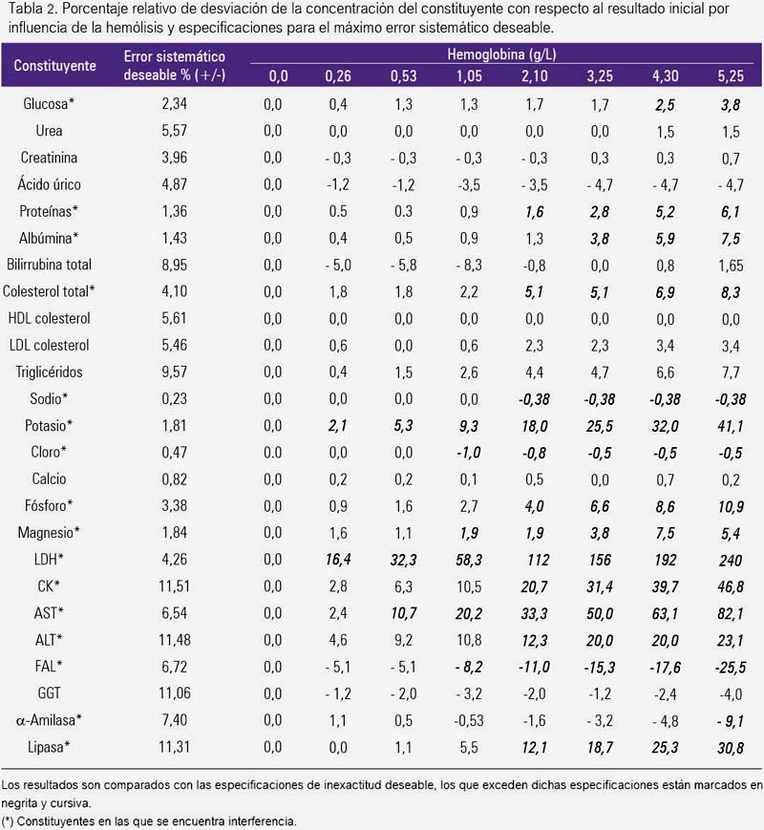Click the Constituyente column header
pyautogui.click(x=55, y=66)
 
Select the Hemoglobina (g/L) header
pyautogui.click(x=501, y=54)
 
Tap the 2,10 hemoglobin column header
pyautogui.click(x=534, y=76)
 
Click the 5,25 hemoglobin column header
pyautogui.click(x=731, y=76)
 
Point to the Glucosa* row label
pyautogui.click(x=49, y=103)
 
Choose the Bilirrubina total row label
pyautogui.click(x=50, y=265)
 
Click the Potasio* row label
pyautogui.click(x=49, y=425)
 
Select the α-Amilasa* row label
pyautogui.click(x=49, y=720)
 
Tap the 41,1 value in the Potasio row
pyautogui.click(x=731, y=426)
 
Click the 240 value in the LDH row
pyautogui.click(x=731, y=560)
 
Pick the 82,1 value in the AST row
pyautogui.click(x=731, y=613)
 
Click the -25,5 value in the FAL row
pyautogui.click(x=731, y=668)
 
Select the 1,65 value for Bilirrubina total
pyautogui.click(x=731, y=266)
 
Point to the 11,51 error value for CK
pyautogui.click(x=174, y=586)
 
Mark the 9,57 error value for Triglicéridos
pyautogui.click(x=174, y=372)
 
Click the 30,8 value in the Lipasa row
pyautogui.click(x=731, y=748)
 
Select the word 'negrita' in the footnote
pyautogui.click(x=17, y=803)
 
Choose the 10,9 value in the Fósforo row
pyautogui.click(x=731, y=506)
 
